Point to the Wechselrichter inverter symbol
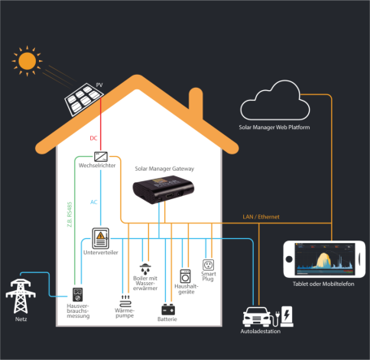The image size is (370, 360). pos(102,155)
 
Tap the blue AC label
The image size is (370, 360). pos(94,200)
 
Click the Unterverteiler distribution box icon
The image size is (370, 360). pos(101,239)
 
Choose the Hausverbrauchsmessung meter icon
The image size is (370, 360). pos(79,294)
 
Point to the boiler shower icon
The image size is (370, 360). pos(145,269)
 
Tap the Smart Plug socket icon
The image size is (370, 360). pos(207,265)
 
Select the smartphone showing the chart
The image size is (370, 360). pos(323,262)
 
